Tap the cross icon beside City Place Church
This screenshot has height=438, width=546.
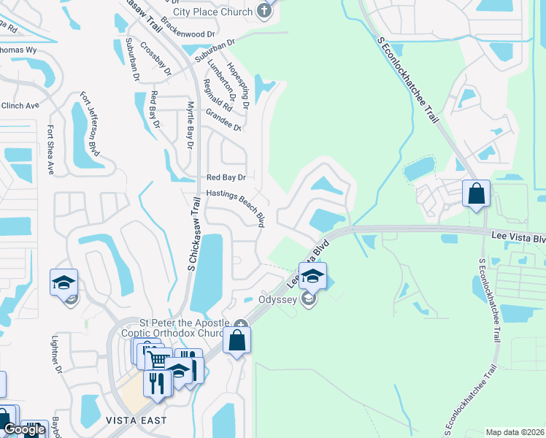click(x=265, y=11)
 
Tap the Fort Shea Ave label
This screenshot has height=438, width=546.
click(x=50, y=150)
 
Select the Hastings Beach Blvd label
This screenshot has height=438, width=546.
click(x=234, y=205)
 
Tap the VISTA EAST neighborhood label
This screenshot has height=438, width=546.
click(x=136, y=420)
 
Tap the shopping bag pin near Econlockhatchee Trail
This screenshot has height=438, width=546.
click(x=476, y=195)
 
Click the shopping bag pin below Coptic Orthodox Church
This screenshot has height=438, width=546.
click(x=237, y=341)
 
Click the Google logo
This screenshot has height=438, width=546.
click(x=25, y=429)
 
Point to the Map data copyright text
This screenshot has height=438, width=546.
click(x=515, y=432)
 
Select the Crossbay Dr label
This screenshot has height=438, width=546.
click(x=155, y=59)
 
